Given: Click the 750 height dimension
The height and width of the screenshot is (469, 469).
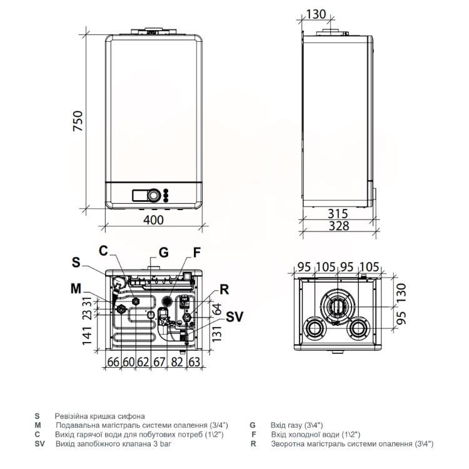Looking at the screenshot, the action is point(78,121).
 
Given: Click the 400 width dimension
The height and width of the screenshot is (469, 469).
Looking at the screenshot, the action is point(153,220).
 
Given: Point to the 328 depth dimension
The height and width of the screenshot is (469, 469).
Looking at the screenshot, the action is point(339,226).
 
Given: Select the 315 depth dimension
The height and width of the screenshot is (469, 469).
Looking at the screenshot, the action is point(338,214).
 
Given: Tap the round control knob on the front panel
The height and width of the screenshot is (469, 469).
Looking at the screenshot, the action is point(154,195).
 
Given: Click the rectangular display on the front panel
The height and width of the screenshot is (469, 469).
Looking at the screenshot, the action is point(140,196).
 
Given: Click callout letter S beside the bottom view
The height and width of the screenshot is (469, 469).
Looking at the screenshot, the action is point(76,262).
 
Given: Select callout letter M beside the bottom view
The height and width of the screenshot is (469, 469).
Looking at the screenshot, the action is point(76,289).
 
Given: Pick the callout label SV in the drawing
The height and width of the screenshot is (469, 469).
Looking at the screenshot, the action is point(234,317).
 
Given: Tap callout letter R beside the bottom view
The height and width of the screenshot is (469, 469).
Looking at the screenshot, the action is point(224,290).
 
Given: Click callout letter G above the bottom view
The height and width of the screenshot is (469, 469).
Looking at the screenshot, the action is point(164,253).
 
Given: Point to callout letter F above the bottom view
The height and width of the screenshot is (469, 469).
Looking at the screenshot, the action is point(196,253).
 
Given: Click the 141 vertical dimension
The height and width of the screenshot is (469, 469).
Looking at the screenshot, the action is point(87,336).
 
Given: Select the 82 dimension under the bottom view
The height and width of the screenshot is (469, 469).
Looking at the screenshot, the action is point(177,362).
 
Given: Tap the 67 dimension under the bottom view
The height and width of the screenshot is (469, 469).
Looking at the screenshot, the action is point(159,362).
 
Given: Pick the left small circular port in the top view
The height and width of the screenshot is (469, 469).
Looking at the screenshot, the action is point(314,328).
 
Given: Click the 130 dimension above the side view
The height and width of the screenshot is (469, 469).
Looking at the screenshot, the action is point(316,14).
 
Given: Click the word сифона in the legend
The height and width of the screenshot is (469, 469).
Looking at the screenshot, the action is point(131,416).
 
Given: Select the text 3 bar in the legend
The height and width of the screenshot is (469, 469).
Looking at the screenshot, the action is point(162,443).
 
